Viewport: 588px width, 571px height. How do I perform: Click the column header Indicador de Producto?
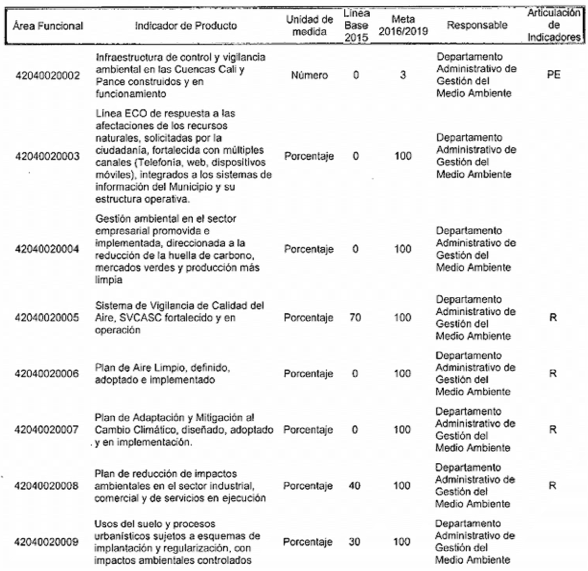[186, 26]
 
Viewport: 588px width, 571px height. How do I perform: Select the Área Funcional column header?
[48, 26]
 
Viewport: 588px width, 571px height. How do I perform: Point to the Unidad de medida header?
[310, 25]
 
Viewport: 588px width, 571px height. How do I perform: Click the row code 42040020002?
[47, 76]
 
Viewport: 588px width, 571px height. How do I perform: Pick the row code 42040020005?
[47, 318]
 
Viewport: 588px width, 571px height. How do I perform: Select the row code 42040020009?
[47, 542]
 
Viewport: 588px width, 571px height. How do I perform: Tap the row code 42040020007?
[47, 430]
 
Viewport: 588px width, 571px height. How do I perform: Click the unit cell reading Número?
[309, 76]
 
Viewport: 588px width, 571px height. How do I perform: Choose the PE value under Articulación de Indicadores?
[554, 75]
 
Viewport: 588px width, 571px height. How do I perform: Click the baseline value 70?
[355, 317]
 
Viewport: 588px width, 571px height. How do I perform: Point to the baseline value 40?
[354, 486]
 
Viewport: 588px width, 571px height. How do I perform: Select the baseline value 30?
[354, 542]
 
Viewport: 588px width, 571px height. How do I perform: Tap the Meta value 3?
[403, 76]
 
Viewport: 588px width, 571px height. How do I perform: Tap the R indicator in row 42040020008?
[553, 486]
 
